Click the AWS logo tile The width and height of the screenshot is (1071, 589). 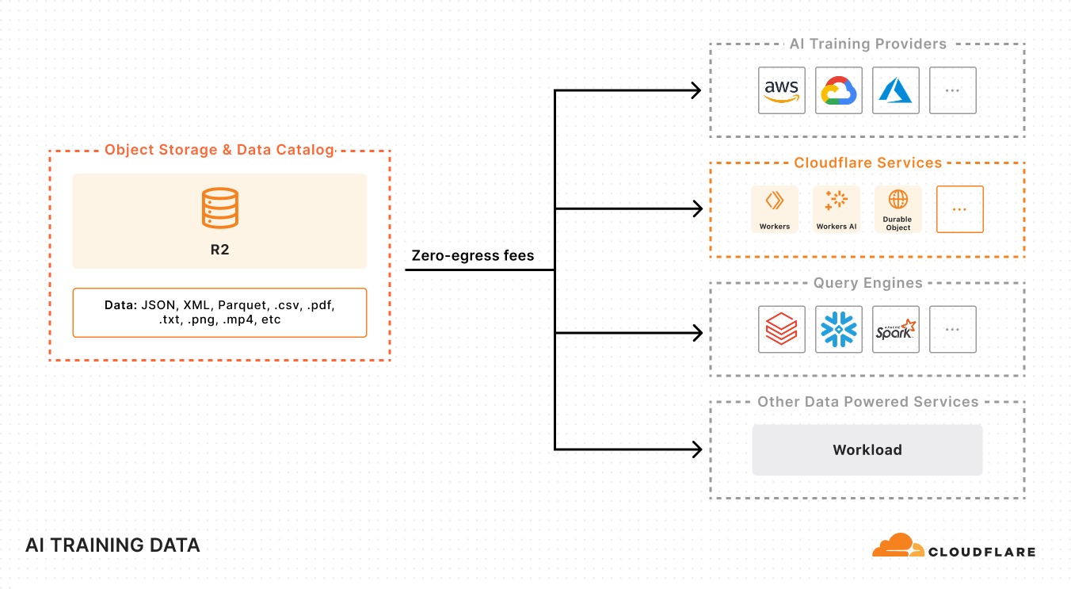pyautogui.click(x=781, y=90)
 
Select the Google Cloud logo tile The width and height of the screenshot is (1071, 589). pyautogui.click(x=839, y=90)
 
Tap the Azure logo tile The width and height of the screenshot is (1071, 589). pyautogui.click(x=896, y=90)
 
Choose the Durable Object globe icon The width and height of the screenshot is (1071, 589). pyautogui.click(x=898, y=200)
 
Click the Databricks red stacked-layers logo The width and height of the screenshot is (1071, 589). pyautogui.click(x=781, y=329)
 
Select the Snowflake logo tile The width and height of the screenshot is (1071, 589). pyautogui.click(x=839, y=329)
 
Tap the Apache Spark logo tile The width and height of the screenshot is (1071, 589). pyautogui.click(x=896, y=329)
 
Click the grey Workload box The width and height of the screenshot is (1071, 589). pyautogui.click(x=867, y=449)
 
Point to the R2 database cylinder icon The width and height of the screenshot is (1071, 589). pyautogui.click(x=219, y=208)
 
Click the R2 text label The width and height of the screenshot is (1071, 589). pyautogui.click(x=219, y=249)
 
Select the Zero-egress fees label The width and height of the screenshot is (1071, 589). pyautogui.click(x=473, y=255)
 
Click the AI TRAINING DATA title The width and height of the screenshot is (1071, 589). pyautogui.click(x=112, y=545)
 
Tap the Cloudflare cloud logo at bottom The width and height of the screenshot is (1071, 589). pyautogui.click(x=898, y=546)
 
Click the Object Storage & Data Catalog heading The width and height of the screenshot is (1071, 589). pyautogui.click(x=219, y=150)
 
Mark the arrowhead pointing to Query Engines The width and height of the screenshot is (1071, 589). pyautogui.click(x=697, y=332)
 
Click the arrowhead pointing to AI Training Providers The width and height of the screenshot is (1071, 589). pyautogui.click(x=697, y=90)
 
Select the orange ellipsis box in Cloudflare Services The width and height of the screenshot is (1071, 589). pyautogui.click(x=959, y=209)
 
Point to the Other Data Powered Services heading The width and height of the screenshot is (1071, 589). pyautogui.click(x=867, y=402)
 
